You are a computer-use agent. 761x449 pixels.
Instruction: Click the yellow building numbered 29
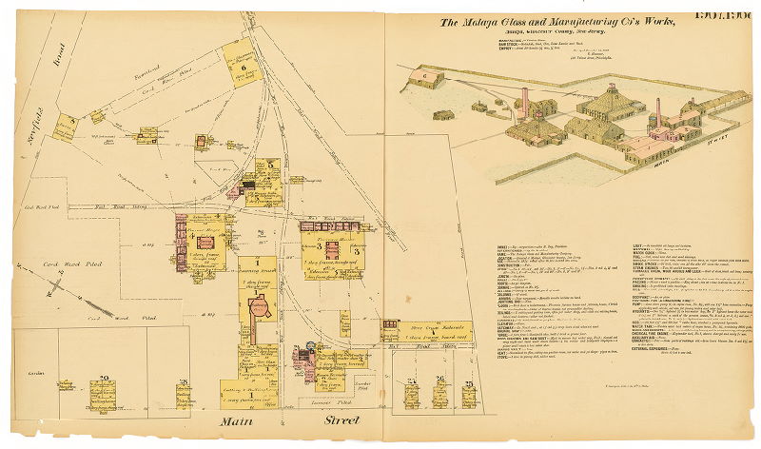(x=102, y=393)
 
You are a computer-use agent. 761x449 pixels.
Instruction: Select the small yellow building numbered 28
(x=182, y=392)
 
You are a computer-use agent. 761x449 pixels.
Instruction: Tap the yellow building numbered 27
(x=412, y=392)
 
